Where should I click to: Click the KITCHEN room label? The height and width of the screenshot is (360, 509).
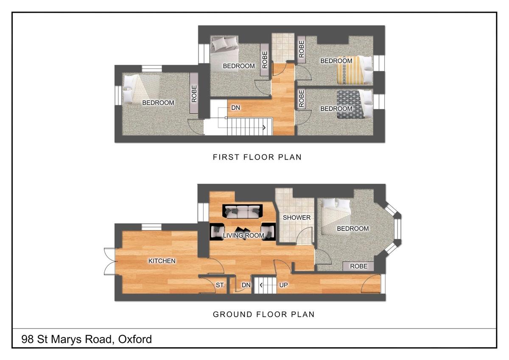[x=162, y=261]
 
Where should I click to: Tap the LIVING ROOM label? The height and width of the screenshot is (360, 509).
[x=243, y=236]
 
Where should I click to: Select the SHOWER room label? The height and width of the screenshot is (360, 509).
[x=296, y=218]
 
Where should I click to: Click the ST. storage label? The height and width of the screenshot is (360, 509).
[x=220, y=285]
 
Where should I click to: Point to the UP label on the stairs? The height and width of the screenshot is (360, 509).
[x=283, y=285]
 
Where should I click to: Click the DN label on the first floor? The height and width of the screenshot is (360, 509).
[x=236, y=108]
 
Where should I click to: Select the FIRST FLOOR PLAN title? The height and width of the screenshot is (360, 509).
[x=257, y=157]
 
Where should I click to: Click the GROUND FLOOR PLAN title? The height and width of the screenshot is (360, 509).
[x=263, y=315]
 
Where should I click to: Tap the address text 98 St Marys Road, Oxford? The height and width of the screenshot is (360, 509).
[x=87, y=340]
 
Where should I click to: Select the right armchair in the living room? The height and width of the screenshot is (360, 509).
[x=268, y=232]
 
